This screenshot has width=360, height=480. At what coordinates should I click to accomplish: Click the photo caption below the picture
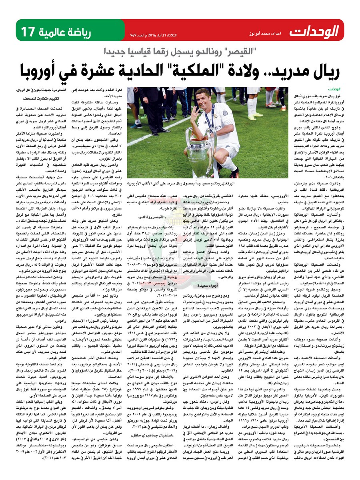click(210, 183)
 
